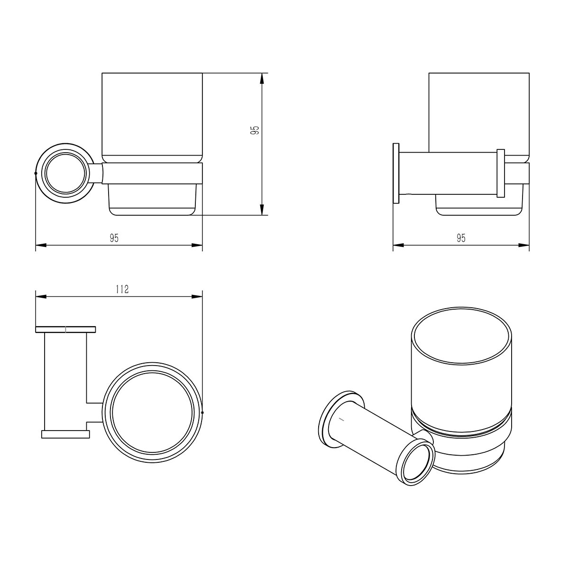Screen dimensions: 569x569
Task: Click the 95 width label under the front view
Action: [x=114, y=238]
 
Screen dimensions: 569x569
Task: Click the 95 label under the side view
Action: [x=461, y=238]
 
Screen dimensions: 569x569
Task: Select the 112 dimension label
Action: [x=122, y=289]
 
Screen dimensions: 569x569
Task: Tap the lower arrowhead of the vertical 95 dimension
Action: [x=262, y=210]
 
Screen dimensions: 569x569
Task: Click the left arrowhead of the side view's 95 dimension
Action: [x=398, y=245]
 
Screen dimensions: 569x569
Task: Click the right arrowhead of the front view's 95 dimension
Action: [x=197, y=245]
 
